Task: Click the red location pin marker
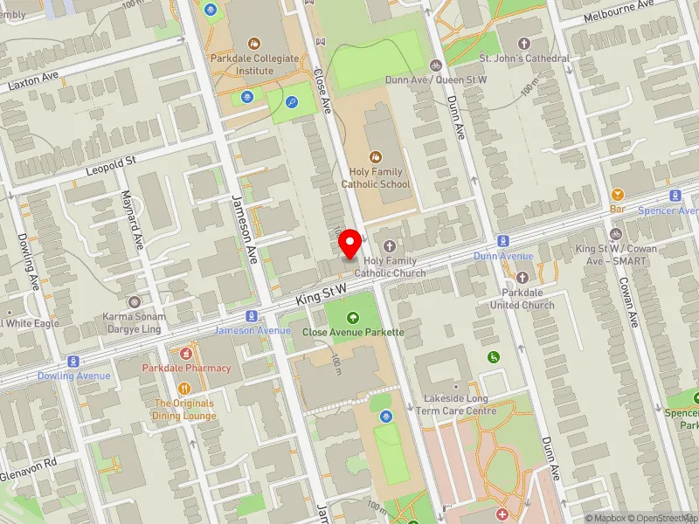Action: tap(350, 243)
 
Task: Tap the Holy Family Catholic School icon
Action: tap(375, 156)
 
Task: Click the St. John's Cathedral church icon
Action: tap(524, 43)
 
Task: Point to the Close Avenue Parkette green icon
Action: tap(353, 318)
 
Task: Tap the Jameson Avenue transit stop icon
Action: tap(252, 316)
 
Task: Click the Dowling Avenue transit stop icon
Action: tap(73, 362)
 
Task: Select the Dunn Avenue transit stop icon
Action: tap(503, 241)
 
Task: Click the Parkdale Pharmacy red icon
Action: tap(186, 354)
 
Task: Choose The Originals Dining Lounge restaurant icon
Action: tap(184, 389)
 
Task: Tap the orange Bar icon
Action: tap(618, 195)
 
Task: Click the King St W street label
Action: tap(321, 293)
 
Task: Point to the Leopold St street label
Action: tap(111, 163)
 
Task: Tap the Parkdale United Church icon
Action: tap(523, 278)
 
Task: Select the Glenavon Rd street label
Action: tap(28, 462)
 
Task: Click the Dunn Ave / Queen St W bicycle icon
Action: tap(436, 65)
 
